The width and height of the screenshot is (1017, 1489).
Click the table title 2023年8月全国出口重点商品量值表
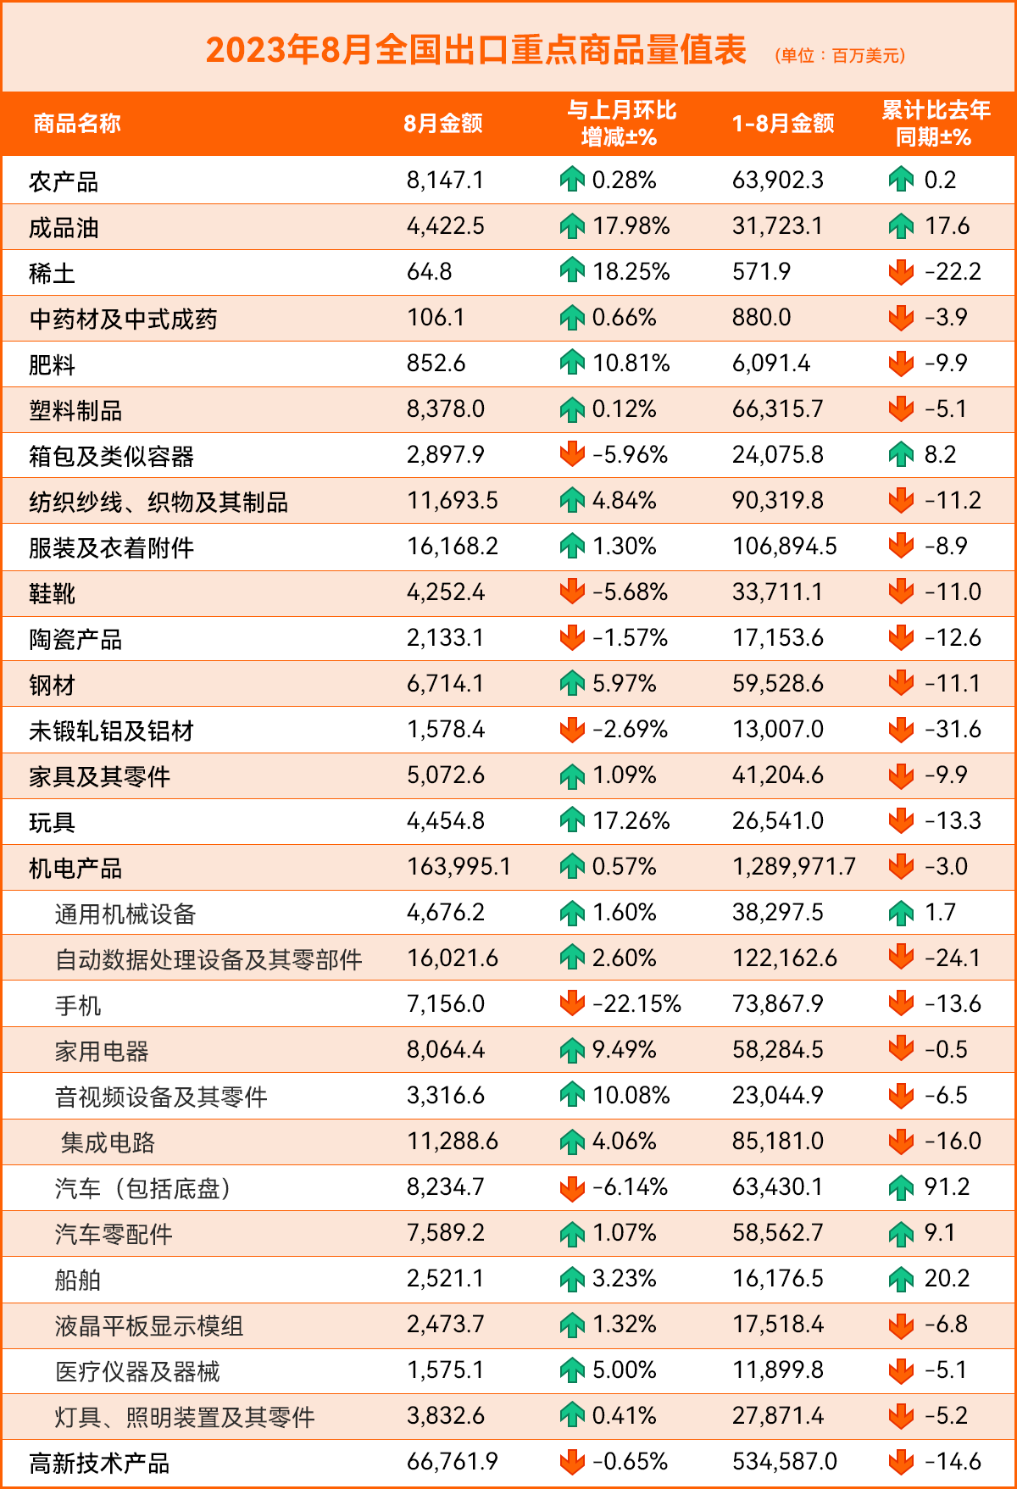point(475,50)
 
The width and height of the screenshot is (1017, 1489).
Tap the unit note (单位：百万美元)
point(840,56)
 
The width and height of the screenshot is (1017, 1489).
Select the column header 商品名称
point(77,124)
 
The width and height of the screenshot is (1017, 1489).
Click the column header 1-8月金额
point(783,124)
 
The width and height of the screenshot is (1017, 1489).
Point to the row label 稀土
point(53,273)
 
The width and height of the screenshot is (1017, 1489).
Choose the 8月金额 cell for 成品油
point(446,226)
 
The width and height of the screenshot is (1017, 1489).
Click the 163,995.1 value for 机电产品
point(458,867)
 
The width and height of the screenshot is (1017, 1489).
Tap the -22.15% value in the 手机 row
point(636,1004)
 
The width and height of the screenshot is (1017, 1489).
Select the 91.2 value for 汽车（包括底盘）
point(948,1187)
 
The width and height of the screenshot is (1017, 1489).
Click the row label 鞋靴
point(53,593)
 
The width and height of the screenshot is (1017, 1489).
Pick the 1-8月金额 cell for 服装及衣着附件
point(785,547)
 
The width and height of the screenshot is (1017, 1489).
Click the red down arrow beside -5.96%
point(573,454)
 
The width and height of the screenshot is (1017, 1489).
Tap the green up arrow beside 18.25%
point(573,271)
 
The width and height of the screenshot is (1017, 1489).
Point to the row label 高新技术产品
point(99,1464)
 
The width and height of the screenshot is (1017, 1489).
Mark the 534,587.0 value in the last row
point(785,1462)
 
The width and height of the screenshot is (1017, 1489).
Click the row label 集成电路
point(108,1143)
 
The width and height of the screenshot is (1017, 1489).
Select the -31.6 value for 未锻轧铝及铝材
point(953,730)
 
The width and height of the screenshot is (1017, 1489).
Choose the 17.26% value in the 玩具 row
point(631,821)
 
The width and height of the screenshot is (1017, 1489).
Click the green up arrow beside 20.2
point(901,1279)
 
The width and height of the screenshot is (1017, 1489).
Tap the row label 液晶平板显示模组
point(149,1326)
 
